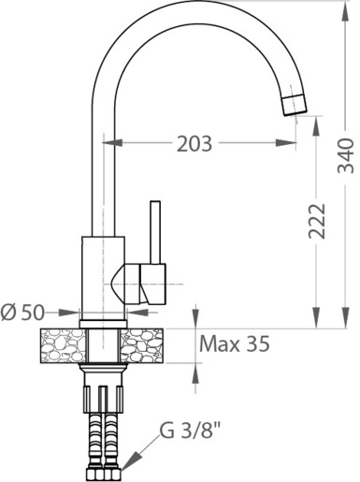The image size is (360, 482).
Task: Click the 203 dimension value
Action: pos(194,144)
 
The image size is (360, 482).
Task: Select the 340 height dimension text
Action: pos(346,155)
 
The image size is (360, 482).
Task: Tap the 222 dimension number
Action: pos(317,221)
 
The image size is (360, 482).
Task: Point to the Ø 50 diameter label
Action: pos(22,313)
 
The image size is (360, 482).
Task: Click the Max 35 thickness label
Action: pos(234,343)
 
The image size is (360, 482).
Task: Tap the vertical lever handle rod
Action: pos(155,232)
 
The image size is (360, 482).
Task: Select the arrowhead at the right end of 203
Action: pos(286,143)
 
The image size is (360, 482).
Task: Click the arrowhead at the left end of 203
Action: pos(112,142)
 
